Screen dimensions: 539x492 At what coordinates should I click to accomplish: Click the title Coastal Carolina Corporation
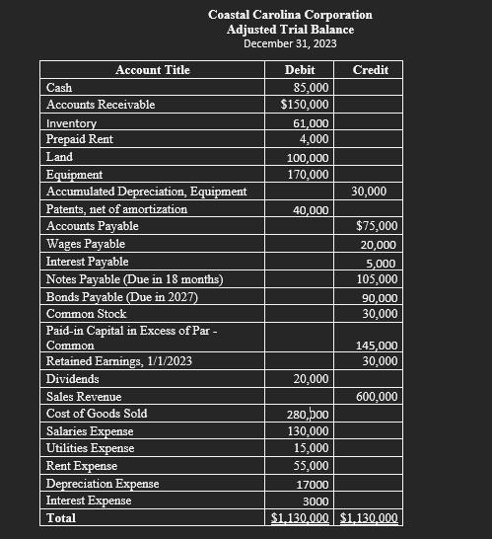tap(290, 15)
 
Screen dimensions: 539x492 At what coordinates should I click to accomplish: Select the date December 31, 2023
tap(290, 43)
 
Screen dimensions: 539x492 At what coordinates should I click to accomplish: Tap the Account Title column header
tap(153, 69)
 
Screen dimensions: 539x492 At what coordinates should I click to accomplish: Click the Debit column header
tap(300, 69)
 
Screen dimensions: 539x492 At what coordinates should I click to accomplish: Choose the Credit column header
tap(370, 69)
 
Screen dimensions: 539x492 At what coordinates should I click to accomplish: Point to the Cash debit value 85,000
tap(312, 88)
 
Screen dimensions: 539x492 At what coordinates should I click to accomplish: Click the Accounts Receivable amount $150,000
tap(305, 104)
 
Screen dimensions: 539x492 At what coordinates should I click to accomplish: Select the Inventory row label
tap(71, 123)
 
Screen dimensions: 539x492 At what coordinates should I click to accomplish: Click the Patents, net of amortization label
tap(116, 209)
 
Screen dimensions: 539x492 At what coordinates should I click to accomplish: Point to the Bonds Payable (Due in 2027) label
tap(122, 297)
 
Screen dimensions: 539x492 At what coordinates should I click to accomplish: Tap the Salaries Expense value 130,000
tap(308, 431)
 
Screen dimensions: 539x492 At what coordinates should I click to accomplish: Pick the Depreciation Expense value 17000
tap(313, 485)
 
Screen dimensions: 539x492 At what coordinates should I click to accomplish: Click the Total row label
tap(61, 517)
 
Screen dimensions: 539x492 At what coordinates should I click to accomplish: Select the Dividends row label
tap(73, 379)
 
